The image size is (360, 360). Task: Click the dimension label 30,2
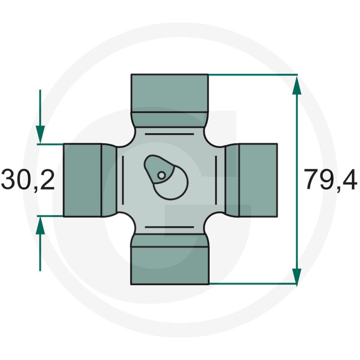point(28,179)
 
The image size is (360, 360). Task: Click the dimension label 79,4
point(331,179)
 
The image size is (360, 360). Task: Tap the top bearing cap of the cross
point(170,93)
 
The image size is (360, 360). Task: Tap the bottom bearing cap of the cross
point(170,265)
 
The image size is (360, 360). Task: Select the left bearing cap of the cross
point(82,180)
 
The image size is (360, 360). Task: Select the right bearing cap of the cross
point(258,180)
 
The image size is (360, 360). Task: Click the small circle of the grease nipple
point(162,175)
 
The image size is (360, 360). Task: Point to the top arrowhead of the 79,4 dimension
point(297,85)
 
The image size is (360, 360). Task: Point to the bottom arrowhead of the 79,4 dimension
point(297,276)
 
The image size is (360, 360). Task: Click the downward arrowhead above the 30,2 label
point(40,135)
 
